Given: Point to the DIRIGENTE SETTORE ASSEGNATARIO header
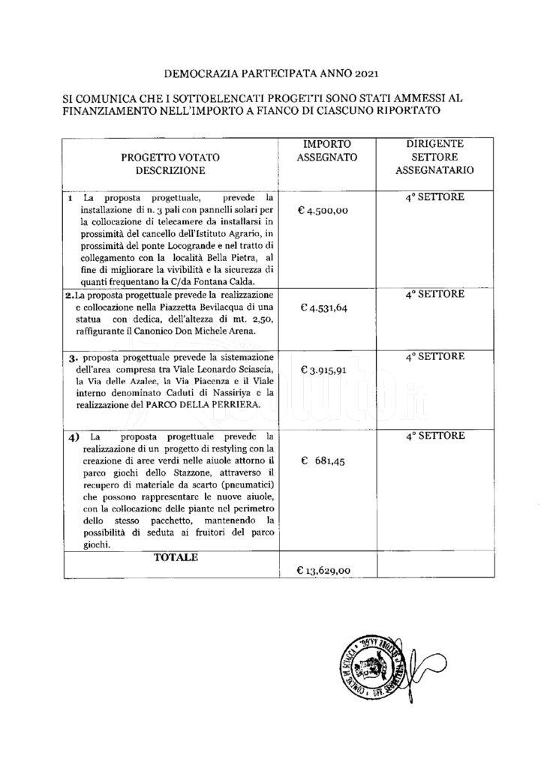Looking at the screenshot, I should pos(434,156).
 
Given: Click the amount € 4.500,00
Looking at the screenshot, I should pos(323,211).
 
